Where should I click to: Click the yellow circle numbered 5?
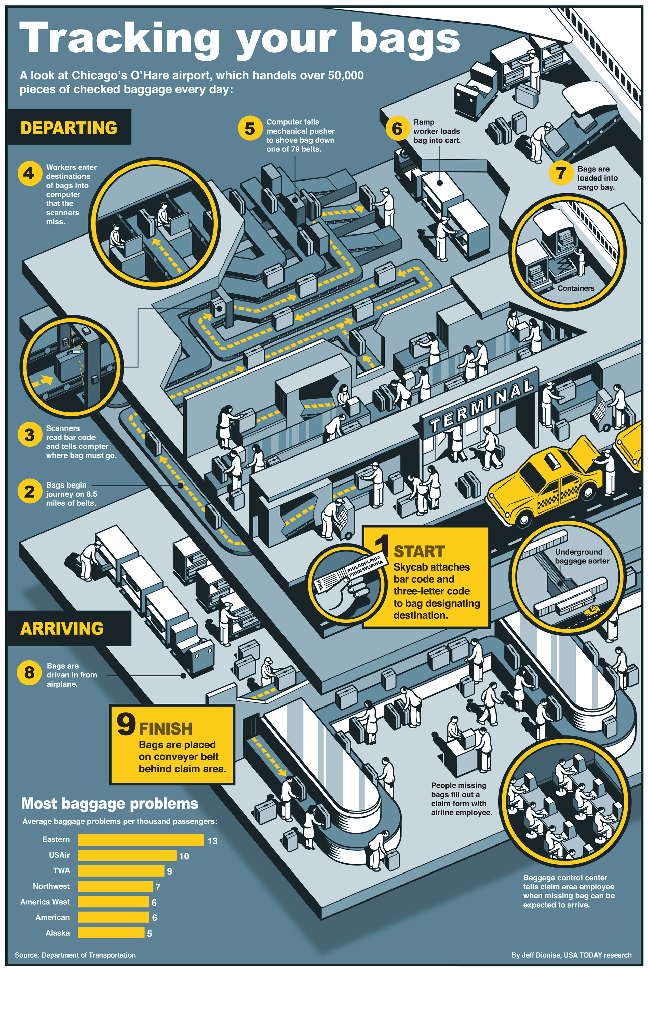[250, 128]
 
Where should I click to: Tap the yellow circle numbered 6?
[397, 128]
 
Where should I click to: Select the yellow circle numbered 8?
[29, 672]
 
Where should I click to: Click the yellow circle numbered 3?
[29, 435]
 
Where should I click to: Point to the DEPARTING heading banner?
[69, 127]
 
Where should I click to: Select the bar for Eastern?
[140, 840]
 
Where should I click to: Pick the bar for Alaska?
[111, 932]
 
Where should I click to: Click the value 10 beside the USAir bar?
[184, 856]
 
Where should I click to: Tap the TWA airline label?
[62, 870]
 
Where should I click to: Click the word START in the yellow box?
[420, 552]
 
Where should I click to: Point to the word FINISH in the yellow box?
[166, 729]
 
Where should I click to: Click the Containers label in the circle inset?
[576, 288]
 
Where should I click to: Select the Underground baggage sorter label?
[582, 556]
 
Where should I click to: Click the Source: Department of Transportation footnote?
[75, 955]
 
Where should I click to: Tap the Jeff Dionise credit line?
[571, 955]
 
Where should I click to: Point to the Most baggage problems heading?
[110, 803]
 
